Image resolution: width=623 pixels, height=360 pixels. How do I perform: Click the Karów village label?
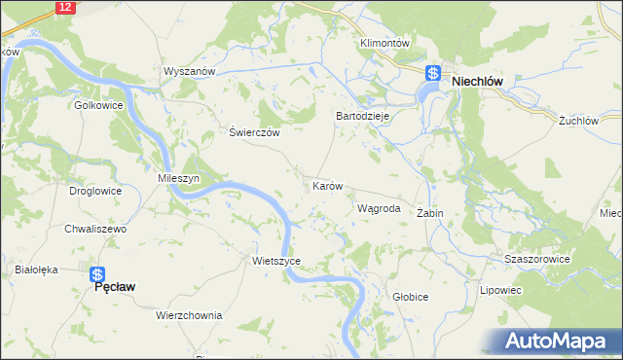click(x=327, y=185)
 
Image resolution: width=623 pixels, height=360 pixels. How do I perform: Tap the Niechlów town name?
click(x=475, y=83)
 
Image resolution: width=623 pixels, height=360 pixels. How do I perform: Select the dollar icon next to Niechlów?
click(x=434, y=73)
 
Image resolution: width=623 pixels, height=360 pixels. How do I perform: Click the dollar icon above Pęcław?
click(x=97, y=274)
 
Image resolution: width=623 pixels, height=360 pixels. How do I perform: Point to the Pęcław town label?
click(x=113, y=288)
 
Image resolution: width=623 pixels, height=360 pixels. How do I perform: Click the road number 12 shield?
click(x=64, y=7)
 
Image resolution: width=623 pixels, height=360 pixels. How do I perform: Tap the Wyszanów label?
click(x=189, y=72)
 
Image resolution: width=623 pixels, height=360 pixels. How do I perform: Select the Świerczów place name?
click(x=254, y=133)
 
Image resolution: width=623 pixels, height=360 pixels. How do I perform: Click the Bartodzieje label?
click(x=363, y=115)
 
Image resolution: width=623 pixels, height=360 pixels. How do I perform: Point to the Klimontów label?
click(x=387, y=44)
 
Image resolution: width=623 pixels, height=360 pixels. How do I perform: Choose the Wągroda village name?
click(x=379, y=208)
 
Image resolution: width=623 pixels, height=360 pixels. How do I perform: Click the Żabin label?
click(x=430, y=212)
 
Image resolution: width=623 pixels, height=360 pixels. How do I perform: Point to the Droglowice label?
click(x=95, y=191)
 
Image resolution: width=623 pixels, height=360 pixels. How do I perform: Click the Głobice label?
click(x=410, y=296)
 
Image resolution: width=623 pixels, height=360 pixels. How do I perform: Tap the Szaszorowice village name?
click(x=536, y=260)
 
